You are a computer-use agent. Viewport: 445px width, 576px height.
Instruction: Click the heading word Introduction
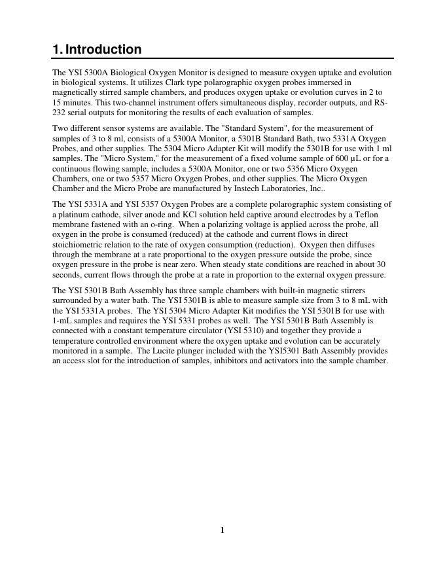pyautogui.click(x=103, y=50)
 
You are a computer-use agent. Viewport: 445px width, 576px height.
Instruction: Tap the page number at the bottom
pyautogui.click(x=222, y=530)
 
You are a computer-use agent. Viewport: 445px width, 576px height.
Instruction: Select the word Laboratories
pyautogui.click(x=291, y=189)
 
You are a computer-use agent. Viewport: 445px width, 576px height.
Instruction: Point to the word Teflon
pyautogui.click(x=365, y=215)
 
